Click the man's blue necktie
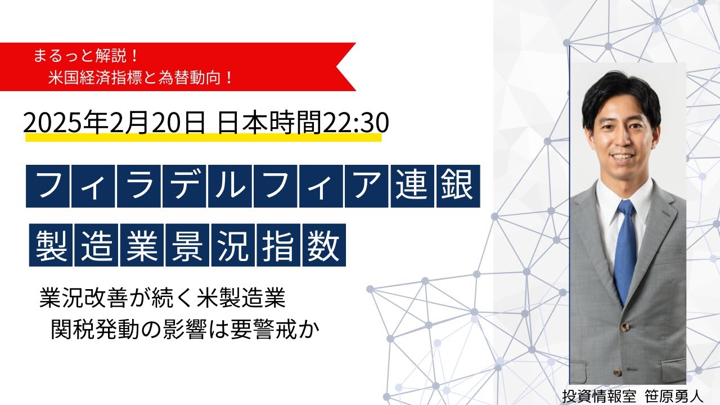tap(625, 247)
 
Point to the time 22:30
tap(354, 121)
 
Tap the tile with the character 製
tap(51, 245)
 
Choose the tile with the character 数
tap(325, 245)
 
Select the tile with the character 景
tap(188, 245)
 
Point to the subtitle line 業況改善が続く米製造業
tap(163, 299)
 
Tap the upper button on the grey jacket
tap(624, 327)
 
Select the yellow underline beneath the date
tap(202, 137)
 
